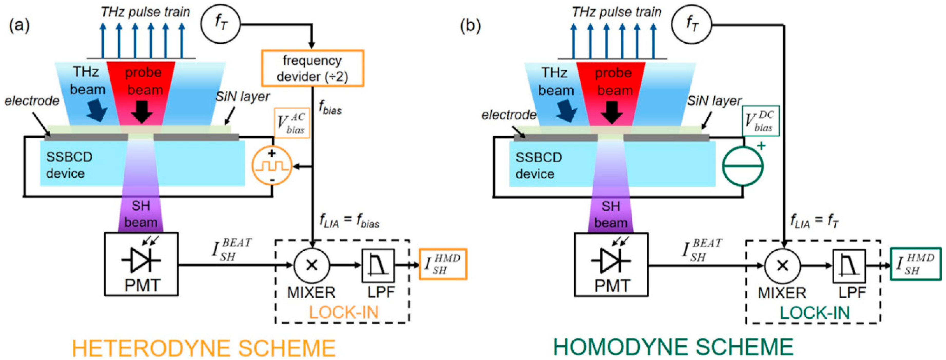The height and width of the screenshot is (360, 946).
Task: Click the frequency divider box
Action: (312, 68)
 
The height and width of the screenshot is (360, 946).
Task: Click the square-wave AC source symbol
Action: (272, 166)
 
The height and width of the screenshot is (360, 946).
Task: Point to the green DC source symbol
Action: (742, 166)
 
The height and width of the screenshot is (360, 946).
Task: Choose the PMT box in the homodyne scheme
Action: (611, 264)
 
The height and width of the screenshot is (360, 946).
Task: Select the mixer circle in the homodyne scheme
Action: (782, 265)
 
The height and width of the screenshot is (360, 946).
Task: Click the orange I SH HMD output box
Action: (443, 264)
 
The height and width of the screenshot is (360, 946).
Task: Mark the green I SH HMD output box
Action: (915, 264)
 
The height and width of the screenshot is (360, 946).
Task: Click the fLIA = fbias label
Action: (349, 222)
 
